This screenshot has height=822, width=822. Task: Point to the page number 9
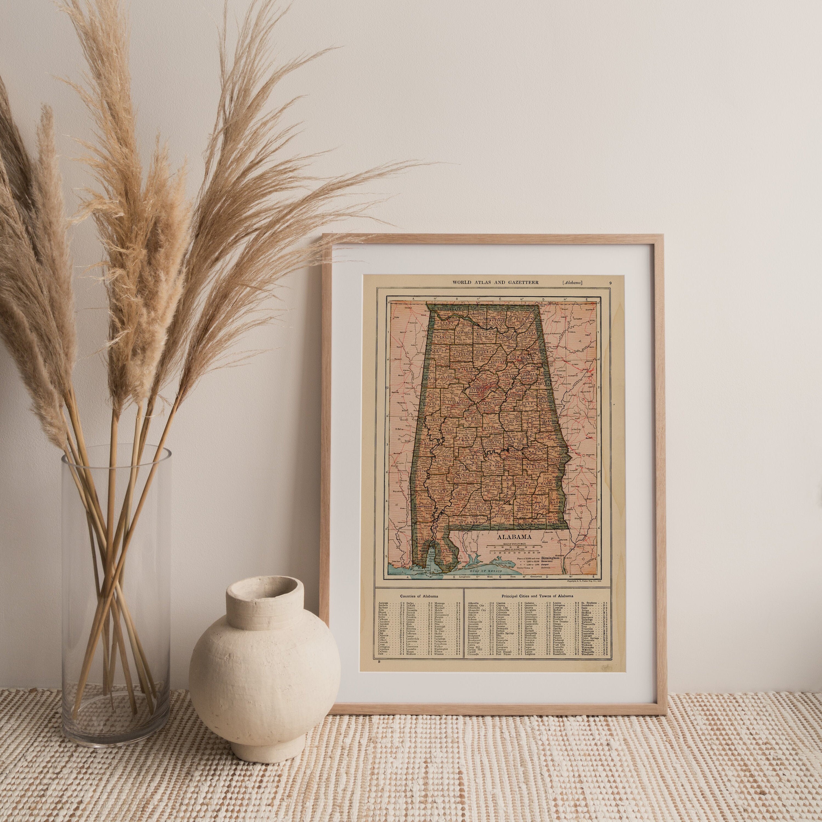pyautogui.click(x=610, y=282)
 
